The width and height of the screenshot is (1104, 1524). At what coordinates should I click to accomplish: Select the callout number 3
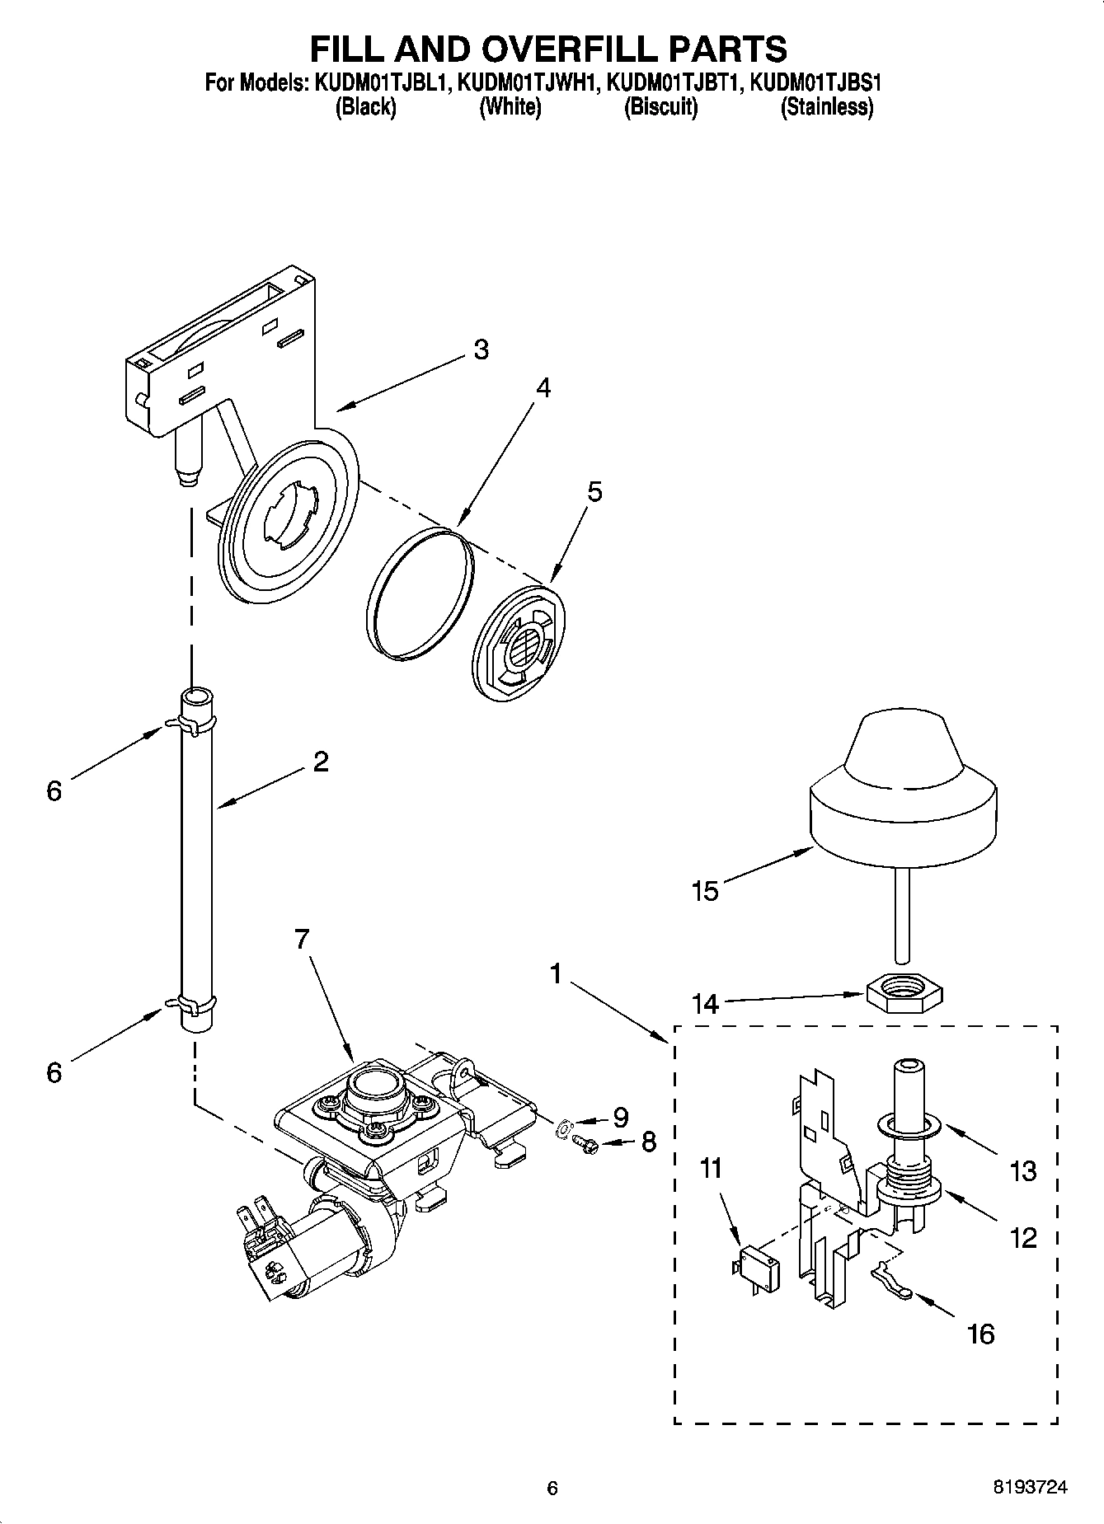[x=481, y=349]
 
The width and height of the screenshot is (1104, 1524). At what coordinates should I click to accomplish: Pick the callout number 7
[x=302, y=938]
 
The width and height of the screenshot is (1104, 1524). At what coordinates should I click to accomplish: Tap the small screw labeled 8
[x=586, y=1142]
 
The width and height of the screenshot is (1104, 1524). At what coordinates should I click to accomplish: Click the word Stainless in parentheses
[x=827, y=107]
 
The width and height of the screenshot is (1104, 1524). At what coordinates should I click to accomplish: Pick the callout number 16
[x=980, y=1334]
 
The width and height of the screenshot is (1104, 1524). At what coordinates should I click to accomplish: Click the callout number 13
[x=1023, y=1170]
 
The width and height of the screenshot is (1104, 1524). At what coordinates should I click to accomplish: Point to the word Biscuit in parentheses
[x=661, y=107]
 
